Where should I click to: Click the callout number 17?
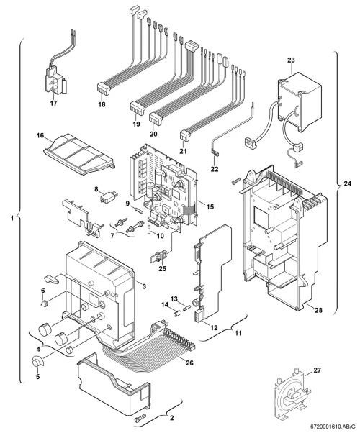[x=54, y=103]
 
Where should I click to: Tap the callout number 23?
[x=291, y=60]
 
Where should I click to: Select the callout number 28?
[x=318, y=310]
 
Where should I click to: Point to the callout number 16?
[x=40, y=135]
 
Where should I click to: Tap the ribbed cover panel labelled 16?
[x=79, y=155]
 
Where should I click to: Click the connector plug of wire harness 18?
[x=104, y=88]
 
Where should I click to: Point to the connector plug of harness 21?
[x=184, y=136]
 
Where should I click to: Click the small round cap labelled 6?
[x=43, y=304]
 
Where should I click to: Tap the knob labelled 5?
[x=37, y=362]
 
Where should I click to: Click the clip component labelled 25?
[x=158, y=256]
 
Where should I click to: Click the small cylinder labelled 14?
[x=176, y=314]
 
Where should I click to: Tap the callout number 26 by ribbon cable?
[x=189, y=363]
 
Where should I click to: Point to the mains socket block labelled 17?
[x=56, y=81]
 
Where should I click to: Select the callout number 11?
[x=238, y=333]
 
